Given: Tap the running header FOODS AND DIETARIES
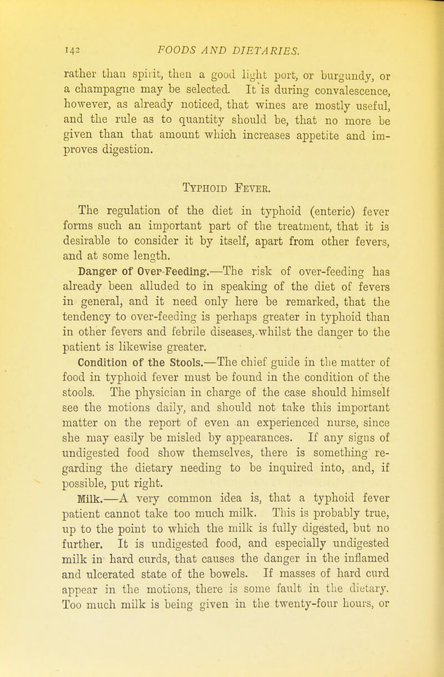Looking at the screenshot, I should [225, 51].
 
